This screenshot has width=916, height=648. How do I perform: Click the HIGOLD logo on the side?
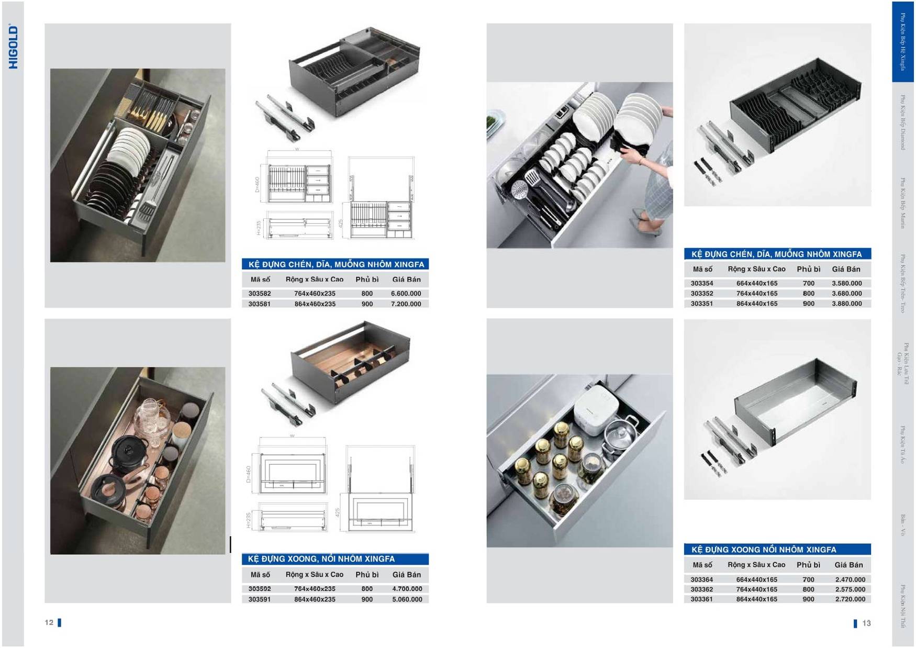coord(13,47)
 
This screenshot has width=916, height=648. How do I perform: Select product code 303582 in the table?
coord(260,294)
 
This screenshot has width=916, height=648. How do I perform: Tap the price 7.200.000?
coord(406,304)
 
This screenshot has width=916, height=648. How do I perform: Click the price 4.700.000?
coord(407,589)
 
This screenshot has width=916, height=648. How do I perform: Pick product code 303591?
coord(260,599)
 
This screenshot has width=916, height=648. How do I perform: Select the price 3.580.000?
coord(846,283)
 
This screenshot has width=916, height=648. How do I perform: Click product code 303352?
coord(701,294)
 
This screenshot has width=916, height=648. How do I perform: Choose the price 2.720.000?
coord(850,599)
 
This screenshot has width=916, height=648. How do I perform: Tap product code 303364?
coord(701,579)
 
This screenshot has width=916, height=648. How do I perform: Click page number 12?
coord(49,622)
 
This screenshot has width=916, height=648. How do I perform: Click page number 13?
coord(866,623)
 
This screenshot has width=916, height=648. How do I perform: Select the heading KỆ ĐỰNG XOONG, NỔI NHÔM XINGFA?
coord(321,559)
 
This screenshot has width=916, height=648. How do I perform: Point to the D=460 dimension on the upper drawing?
coord(257,184)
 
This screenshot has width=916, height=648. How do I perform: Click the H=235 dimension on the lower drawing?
coord(249,520)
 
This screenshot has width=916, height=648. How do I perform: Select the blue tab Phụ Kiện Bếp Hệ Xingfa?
coord(902,41)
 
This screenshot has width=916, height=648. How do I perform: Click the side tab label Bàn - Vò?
coord(903,525)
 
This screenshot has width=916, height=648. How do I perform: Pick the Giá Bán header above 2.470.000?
coord(848,565)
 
